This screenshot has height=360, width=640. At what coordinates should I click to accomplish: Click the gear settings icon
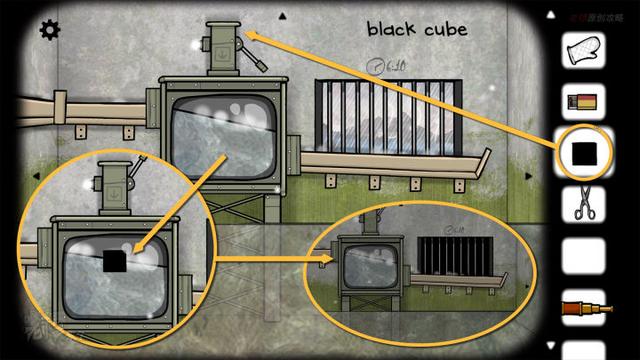click(x=48, y=30)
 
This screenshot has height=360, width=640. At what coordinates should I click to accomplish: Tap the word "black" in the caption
click(x=390, y=29)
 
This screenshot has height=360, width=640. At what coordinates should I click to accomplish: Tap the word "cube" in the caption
click(x=444, y=29)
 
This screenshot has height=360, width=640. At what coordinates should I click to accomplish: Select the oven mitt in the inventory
click(x=582, y=49)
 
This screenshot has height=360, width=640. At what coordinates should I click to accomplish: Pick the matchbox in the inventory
click(x=581, y=101)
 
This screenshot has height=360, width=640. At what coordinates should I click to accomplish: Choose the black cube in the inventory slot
click(x=582, y=153)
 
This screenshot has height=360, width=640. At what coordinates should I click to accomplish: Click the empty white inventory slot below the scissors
click(x=582, y=257)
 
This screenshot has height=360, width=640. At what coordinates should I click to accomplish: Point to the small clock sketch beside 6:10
click(x=374, y=66)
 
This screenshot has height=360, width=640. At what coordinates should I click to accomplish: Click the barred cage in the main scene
click(x=384, y=116)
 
